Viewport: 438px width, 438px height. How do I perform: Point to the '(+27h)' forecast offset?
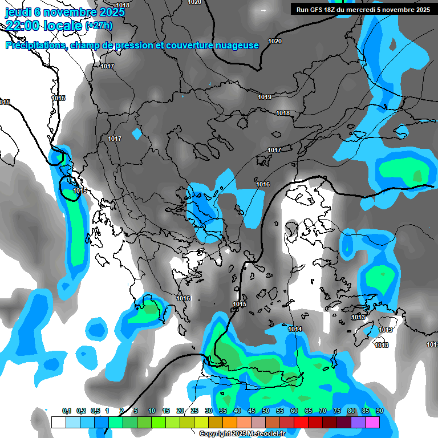pos(98,26)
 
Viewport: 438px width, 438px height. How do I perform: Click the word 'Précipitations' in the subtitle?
pos(35,45)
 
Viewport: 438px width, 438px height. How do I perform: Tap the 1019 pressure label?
pos(264,97)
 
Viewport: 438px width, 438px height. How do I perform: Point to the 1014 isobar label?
pos(295,329)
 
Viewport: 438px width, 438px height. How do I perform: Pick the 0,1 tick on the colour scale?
pos(66,411)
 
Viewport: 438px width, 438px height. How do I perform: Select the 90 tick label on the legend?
pos(379,411)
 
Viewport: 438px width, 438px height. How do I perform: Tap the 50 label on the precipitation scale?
pos(265,411)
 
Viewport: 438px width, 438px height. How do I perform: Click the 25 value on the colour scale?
pos(194,411)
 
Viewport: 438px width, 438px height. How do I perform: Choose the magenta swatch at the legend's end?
pos(372,422)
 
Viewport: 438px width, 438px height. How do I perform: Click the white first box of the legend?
pos(58,422)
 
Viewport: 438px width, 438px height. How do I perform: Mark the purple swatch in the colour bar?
pos(358,422)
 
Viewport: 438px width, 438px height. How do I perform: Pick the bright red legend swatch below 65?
pos(301,422)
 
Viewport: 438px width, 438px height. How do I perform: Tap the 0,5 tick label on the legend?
pos(95,411)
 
